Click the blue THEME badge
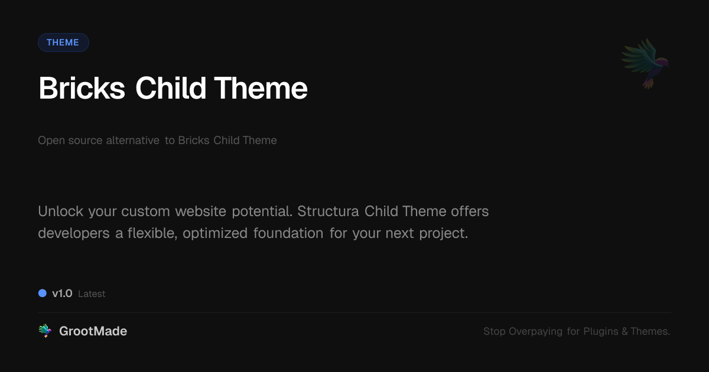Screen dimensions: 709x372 (x=63, y=43)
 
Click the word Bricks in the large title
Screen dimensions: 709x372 (x=82, y=88)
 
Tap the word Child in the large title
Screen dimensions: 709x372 (x=171, y=88)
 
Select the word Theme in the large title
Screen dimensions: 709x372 (x=261, y=88)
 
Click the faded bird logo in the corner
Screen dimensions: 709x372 (x=646, y=64)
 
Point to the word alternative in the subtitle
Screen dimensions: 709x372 (x=132, y=140)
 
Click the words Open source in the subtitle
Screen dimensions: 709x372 (x=70, y=141)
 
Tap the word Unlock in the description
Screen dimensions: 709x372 (x=60, y=211)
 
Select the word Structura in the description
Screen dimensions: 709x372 (x=328, y=211)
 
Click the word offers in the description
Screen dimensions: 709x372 (x=470, y=211)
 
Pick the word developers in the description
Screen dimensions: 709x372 (x=74, y=233)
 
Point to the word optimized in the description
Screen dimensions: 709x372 (x=215, y=233)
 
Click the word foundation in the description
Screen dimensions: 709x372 (x=288, y=233)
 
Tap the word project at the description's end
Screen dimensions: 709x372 (x=442, y=233)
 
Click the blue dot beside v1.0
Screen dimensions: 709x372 (x=43, y=293)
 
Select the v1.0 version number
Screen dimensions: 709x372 (x=63, y=293)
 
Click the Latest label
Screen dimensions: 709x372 (x=92, y=294)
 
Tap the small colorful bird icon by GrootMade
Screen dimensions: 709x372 (x=45, y=331)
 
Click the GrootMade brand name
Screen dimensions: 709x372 (x=93, y=331)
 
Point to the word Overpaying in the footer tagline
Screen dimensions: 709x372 (x=535, y=331)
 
